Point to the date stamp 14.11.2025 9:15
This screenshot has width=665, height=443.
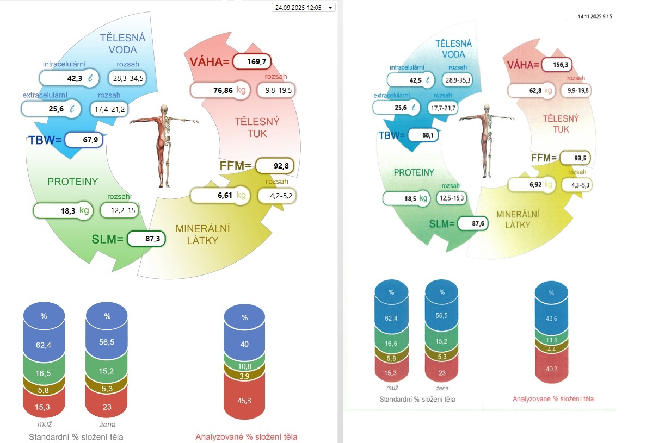tap(595, 17)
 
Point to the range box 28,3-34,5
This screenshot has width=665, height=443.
tap(128, 78)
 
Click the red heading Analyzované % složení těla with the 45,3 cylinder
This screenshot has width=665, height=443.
tap(246, 436)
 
